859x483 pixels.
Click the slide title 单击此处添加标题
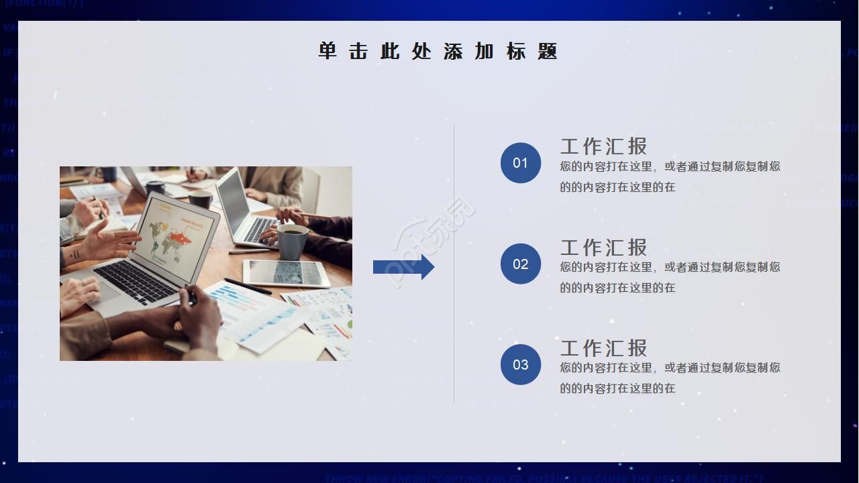point(438,52)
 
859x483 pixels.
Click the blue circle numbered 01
point(521,163)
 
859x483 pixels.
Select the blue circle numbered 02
point(521,264)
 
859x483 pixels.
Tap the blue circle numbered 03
point(521,364)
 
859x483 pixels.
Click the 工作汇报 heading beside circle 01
point(604,146)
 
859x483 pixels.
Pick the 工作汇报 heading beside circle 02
point(604,247)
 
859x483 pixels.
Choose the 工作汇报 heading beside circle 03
point(604,347)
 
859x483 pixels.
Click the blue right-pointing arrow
point(403,267)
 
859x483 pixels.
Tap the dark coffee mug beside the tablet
point(293,241)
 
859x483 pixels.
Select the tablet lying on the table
point(286,272)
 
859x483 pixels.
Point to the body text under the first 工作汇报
point(670,176)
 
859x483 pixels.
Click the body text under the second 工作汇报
point(670,277)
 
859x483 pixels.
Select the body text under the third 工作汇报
point(670,378)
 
